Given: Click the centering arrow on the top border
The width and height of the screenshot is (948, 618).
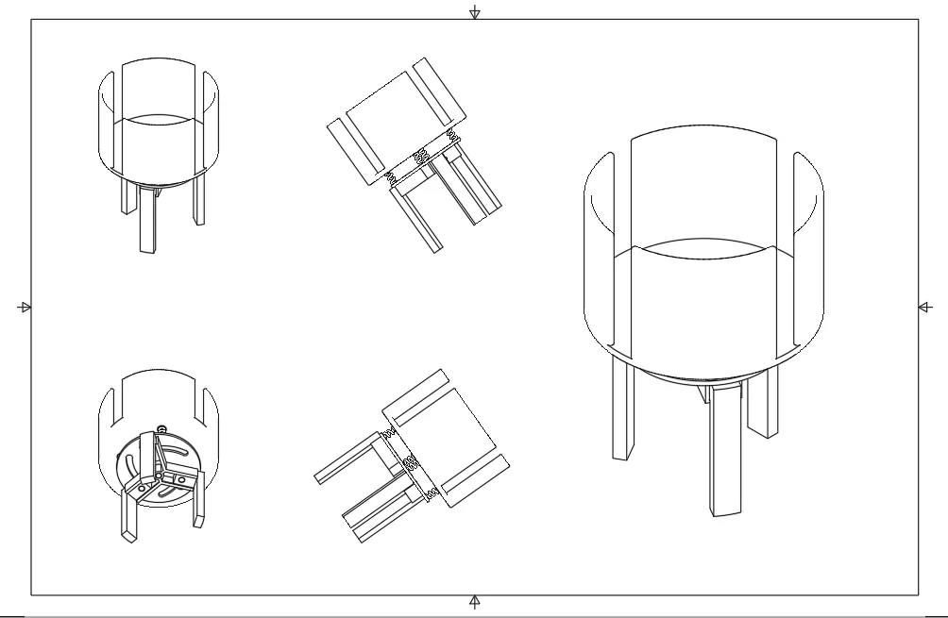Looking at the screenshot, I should pos(475,13).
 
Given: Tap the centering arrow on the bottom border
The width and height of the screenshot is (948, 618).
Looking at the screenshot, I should pos(475,600).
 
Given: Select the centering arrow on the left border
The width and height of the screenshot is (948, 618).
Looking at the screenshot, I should pos(25,307).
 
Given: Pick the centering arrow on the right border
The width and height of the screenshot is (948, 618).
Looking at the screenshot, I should pos(923,307).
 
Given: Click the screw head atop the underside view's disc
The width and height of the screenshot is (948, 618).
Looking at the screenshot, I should pos(161,429).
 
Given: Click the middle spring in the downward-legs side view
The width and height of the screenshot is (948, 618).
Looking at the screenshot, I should pos(422,158).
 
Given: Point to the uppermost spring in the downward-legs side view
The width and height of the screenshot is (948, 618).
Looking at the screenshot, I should pos(454,139).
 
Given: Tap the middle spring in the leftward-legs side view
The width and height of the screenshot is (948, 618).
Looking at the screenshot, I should pos(411,462).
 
